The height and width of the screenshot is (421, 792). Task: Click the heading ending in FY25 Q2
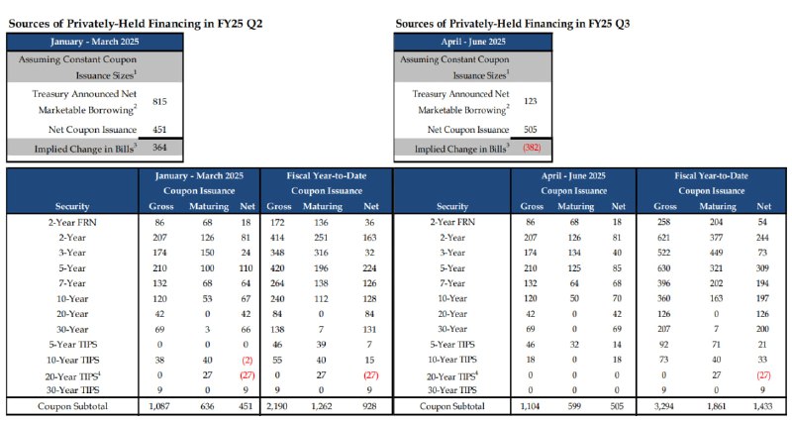(136, 23)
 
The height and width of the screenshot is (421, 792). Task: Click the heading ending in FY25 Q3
(513, 23)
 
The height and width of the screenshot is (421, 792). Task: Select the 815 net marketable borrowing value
(159, 102)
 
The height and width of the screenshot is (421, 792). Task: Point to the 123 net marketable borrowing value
(531, 101)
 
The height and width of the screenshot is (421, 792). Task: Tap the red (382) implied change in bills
(532, 148)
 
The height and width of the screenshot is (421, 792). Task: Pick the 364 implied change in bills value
(159, 148)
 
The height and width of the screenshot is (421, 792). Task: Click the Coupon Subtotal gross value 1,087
(159, 406)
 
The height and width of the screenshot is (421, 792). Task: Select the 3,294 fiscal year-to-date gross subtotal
(664, 406)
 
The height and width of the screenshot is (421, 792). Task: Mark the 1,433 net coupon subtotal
(762, 406)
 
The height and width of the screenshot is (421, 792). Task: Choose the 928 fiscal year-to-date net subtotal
(369, 406)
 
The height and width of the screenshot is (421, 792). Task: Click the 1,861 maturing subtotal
(717, 406)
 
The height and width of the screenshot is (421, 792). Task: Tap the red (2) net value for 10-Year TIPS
(247, 361)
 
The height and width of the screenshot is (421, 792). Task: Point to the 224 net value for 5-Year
(369, 268)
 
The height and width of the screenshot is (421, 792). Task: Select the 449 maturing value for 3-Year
(717, 253)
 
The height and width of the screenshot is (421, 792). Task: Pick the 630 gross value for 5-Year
(663, 268)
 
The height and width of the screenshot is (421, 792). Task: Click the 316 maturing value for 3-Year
(321, 253)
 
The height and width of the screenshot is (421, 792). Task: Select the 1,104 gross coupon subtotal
(530, 406)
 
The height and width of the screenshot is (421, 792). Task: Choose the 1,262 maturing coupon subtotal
(322, 406)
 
